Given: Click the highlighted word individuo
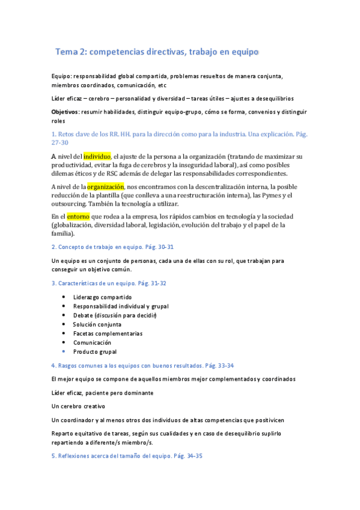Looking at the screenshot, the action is (x=97, y=156).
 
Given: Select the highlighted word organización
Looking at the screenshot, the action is (x=105, y=186).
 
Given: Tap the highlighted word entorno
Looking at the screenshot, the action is (x=78, y=216).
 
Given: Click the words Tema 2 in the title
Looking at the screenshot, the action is (x=71, y=52).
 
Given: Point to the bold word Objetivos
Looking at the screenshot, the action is (x=65, y=112).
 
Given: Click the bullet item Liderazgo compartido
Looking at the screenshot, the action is (x=102, y=297).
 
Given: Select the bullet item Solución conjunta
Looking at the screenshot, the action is (x=97, y=324).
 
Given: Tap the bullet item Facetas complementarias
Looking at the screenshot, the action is (x=108, y=333).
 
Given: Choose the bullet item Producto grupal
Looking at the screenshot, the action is (x=95, y=351).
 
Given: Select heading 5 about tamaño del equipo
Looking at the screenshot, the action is (x=127, y=456).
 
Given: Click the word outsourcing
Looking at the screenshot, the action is (x=70, y=204).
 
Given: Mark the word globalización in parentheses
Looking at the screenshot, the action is (x=75, y=225).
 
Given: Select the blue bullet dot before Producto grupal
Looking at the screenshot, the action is (x=64, y=351).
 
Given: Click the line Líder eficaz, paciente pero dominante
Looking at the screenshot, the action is (x=103, y=392).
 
